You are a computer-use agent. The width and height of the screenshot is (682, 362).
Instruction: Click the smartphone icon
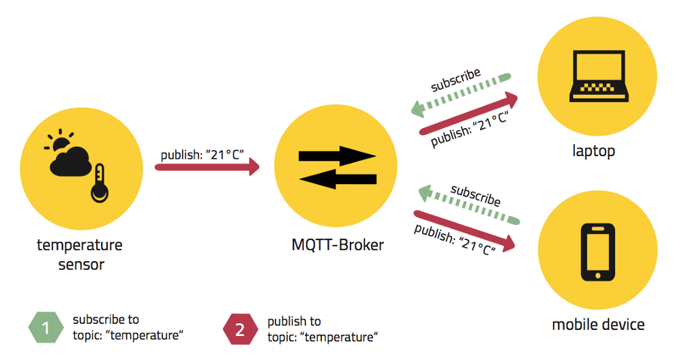597,252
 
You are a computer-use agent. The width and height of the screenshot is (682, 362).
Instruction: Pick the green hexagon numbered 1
46,329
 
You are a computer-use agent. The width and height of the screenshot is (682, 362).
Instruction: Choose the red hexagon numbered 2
240,330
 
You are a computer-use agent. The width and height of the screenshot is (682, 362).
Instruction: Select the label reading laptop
593,151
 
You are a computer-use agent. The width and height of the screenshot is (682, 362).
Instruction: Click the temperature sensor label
80,254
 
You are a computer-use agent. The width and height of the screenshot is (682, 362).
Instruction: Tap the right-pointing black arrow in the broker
338,155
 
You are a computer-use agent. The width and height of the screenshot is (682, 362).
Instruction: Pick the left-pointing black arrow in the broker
338,179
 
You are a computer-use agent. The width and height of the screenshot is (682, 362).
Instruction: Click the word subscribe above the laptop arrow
456,80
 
